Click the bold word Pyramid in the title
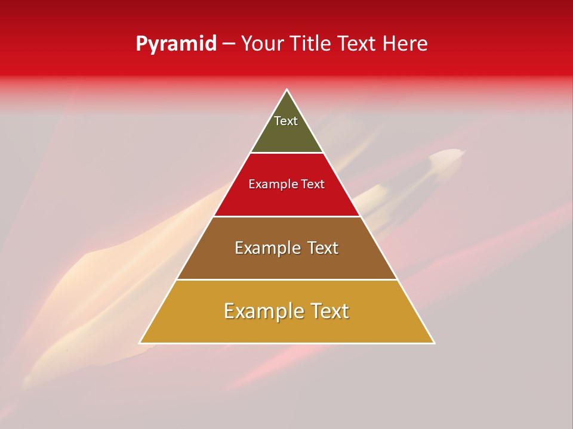175,44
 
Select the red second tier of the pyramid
286,200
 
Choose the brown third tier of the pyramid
286,262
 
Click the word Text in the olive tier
286,121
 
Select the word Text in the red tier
313,185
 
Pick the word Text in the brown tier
324,248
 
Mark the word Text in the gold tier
329,311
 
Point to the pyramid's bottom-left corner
140,343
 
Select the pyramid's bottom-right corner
434,343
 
